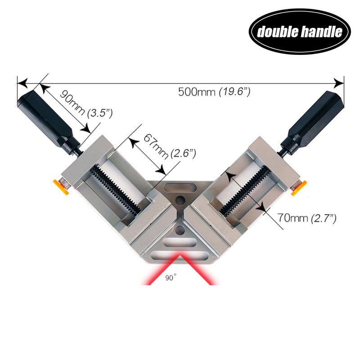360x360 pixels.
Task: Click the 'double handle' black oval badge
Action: (x=300, y=31)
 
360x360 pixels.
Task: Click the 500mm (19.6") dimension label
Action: (x=214, y=92)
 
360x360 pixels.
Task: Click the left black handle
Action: (x=45, y=119)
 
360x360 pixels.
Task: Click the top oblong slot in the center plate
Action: (x=180, y=188)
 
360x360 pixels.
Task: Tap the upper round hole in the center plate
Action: (x=180, y=201)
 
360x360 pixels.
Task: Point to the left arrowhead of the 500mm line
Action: (x=22, y=83)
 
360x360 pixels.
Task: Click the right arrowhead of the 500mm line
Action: (x=338, y=83)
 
